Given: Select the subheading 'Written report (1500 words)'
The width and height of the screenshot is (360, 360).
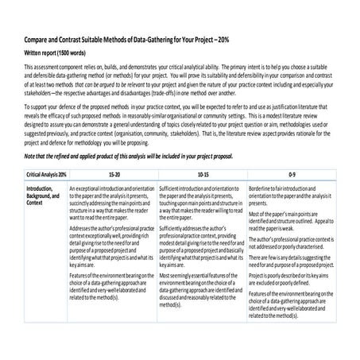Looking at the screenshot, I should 56,52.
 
